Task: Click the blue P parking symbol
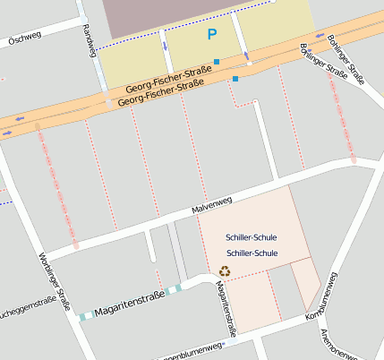[x=212, y=35]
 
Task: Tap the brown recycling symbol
[x=226, y=270]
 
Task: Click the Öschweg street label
[x=24, y=39]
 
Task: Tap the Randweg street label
[x=88, y=40]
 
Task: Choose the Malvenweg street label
[x=211, y=203]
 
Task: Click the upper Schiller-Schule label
[x=252, y=238]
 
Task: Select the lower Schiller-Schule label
[x=252, y=253]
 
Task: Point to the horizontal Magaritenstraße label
[x=129, y=296]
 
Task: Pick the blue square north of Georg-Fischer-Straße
[x=217, y=60]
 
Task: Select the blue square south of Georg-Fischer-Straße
[x=235, y=79]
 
